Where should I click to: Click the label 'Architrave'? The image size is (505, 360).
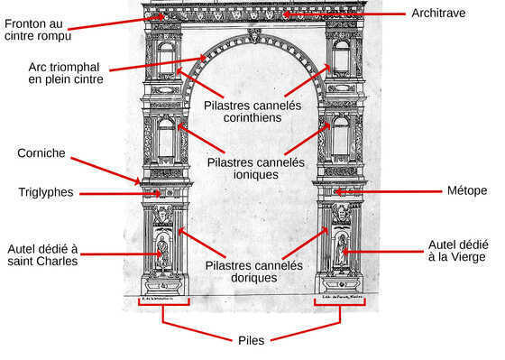point(439,14)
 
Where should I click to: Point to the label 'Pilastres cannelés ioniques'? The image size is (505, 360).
point(255,169)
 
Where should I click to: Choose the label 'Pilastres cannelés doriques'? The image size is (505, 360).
point(253,271)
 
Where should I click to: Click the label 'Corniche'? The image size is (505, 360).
point(41,153)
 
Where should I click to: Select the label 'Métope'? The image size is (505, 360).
point(466,190)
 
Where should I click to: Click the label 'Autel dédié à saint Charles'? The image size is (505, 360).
point(42,254)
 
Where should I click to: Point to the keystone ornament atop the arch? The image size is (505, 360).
point(254,36)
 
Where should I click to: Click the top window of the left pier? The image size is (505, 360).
point(166,58)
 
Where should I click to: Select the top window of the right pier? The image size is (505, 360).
point(341,58)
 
